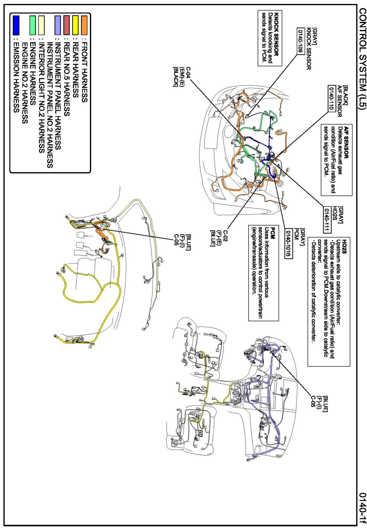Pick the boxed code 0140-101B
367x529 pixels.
point(289,244)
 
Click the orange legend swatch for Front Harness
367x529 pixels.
point(84,25)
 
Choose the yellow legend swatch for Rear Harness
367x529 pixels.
point(75,25)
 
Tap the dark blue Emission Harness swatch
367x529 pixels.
point(16,25)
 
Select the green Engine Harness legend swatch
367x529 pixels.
point(32,25)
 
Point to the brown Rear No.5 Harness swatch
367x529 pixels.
point(67,25)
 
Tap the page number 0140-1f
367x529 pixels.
point(362,507)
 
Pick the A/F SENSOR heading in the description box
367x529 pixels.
point(346,142)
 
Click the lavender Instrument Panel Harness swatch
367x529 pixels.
point(57,25)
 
